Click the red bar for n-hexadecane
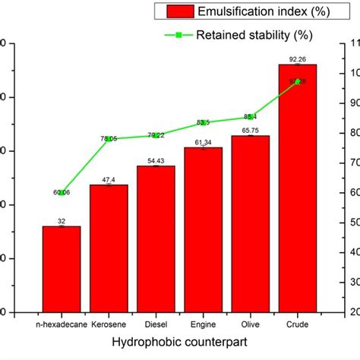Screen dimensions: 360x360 62,269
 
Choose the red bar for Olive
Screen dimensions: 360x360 251,224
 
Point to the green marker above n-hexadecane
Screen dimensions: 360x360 62,193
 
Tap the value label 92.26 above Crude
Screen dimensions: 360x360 298,58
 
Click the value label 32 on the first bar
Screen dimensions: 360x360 62,221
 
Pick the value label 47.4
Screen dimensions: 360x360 109,179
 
